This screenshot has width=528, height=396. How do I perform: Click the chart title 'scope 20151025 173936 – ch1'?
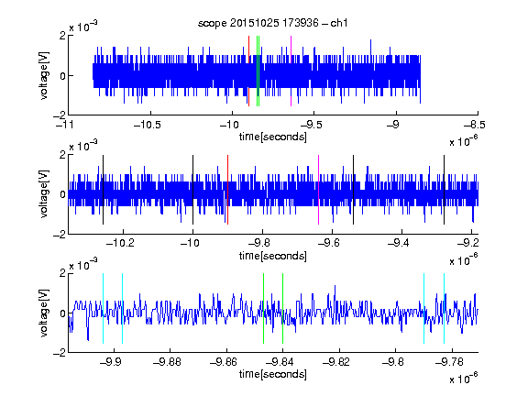coord(273,23)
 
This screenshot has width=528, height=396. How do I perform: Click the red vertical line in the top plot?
coord(248,71)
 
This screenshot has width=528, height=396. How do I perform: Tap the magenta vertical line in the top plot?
coord(291,71)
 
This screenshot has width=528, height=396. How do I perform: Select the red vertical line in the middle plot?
coord(227,190)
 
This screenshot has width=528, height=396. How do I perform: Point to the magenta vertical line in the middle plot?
coord(319,190)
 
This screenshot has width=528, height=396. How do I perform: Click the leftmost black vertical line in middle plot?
coord(103,190)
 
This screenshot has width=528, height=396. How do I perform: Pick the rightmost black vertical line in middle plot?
coord(445,190)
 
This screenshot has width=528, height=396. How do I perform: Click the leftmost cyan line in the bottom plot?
coord(103,308)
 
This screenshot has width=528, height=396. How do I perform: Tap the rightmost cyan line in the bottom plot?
coord(445,308)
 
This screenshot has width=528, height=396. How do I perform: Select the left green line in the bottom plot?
coord(263,308)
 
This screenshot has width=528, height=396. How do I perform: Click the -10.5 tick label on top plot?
coord(148,125)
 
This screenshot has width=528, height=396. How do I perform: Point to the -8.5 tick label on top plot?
coord(475,125)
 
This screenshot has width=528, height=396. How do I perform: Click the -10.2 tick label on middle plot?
coord(120,243)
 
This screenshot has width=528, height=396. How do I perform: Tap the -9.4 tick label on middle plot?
coord(399,243)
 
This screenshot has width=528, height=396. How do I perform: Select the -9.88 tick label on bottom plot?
coord(167,362)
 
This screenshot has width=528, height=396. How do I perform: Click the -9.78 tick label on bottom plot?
coord(449,362)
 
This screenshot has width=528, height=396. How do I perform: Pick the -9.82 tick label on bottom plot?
coord(336,362)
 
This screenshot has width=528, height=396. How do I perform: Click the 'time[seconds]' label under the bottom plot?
coord(273,374)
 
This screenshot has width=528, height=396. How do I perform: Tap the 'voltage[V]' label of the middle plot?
coord(44,194)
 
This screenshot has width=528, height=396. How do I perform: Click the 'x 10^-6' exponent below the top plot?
coord(464,141)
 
